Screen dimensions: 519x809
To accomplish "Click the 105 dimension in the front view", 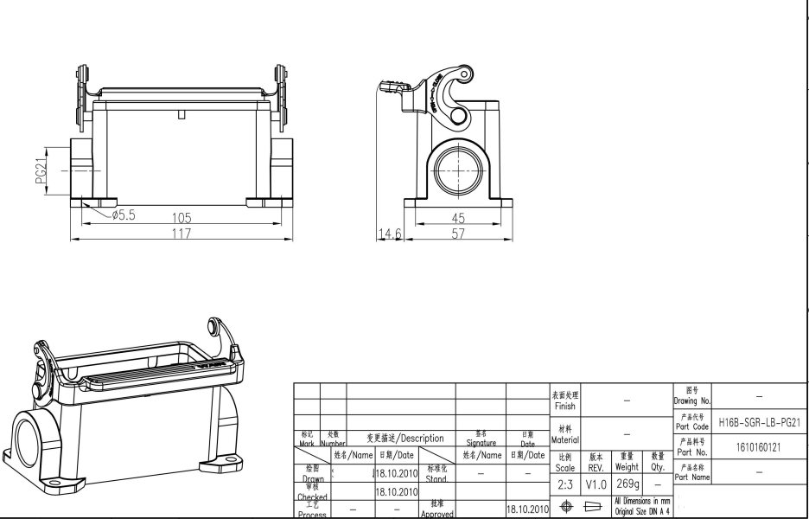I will [x=181, y=218].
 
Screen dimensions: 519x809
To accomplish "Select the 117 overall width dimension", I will [x=181, y=234].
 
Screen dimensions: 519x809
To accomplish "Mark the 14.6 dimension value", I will [x=389, y=234].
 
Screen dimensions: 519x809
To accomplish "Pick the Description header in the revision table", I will [x=405, y=439].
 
